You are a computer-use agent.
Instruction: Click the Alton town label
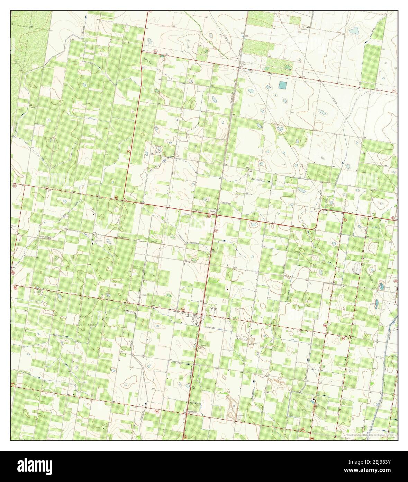click(189, 316)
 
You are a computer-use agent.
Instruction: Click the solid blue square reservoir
click(283, 85)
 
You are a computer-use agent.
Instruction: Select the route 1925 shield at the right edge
click(394, 91)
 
